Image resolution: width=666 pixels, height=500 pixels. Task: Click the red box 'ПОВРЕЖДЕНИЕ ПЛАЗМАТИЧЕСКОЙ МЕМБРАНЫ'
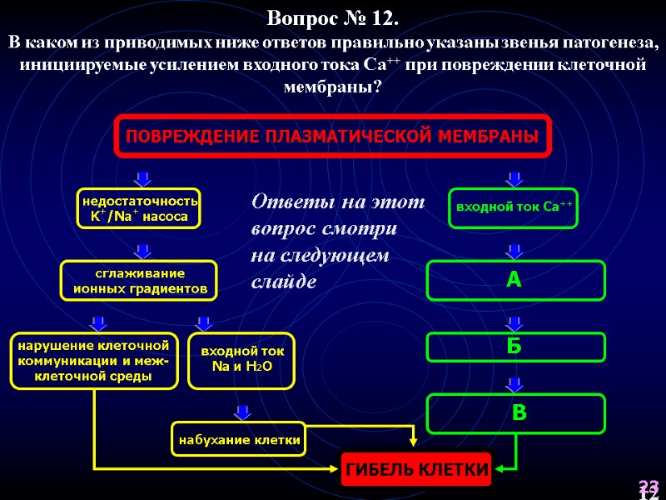[333, 136]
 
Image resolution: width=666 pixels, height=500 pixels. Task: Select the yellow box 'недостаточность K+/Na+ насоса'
[138, 209]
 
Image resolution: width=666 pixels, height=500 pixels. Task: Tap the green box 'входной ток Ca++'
[514, 208]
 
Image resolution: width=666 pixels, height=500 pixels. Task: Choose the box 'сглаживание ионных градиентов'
[138, 281]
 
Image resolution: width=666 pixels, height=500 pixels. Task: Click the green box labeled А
[515, 280]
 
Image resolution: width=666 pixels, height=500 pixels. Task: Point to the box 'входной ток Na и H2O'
[242, 360]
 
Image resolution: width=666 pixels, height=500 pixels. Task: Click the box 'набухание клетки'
[238, 439]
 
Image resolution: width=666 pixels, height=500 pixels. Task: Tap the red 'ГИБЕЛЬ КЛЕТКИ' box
[416, 470]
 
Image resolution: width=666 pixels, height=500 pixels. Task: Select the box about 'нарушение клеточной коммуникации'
[94, 360]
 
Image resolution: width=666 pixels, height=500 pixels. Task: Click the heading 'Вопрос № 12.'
[333, 17]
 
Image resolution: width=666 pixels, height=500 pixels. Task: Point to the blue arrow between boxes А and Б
[514, 322]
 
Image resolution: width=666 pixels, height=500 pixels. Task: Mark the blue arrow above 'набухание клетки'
[242, 412]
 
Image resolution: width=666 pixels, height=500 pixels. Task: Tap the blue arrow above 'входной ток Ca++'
[514, 178]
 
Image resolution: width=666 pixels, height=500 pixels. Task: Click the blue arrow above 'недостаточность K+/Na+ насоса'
[142, 178]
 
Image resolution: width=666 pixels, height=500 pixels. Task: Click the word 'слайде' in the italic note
[284, 282]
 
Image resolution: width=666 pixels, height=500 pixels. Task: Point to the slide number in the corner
[649, 488]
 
